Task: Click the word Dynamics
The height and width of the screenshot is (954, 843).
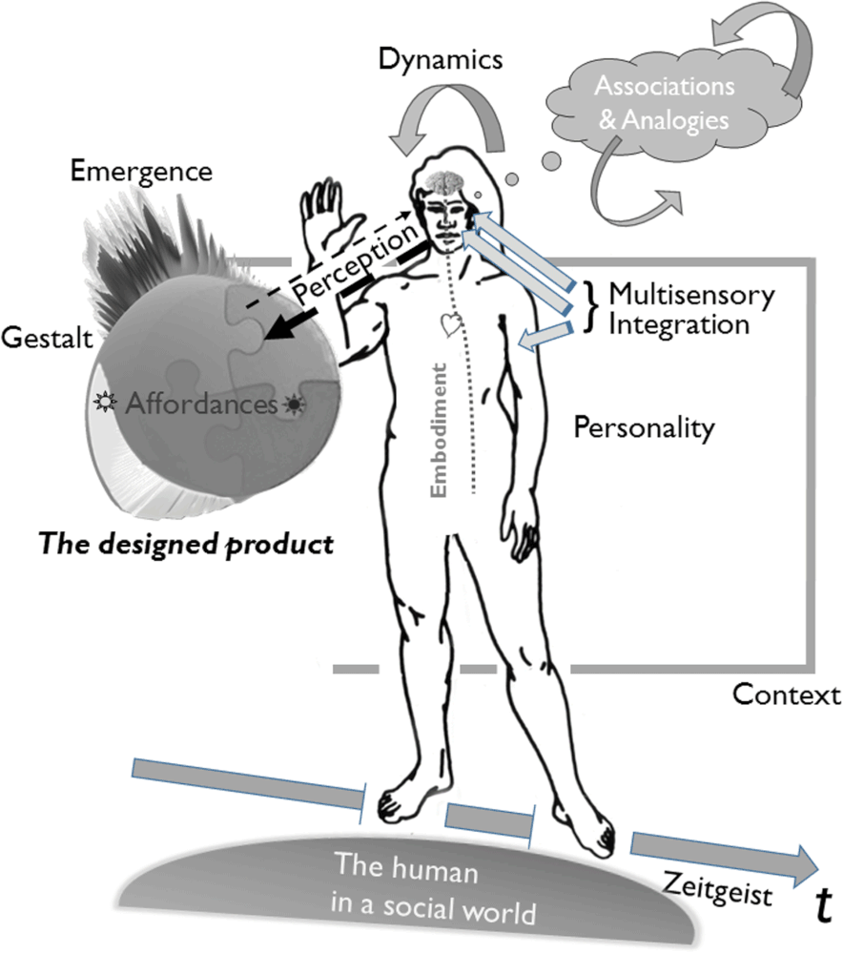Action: coord(440,60)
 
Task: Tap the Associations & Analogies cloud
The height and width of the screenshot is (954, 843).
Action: coord(665,103)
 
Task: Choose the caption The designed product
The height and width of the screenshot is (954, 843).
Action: coord(185,545)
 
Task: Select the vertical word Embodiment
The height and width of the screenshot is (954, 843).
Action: coord(440,428)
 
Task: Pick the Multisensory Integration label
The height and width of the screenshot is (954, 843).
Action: coord(678,308)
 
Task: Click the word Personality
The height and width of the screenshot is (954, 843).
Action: coord(644,428)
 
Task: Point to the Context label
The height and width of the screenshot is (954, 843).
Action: coord(786,694)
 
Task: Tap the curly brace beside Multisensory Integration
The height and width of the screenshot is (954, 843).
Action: coord(591,307)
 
